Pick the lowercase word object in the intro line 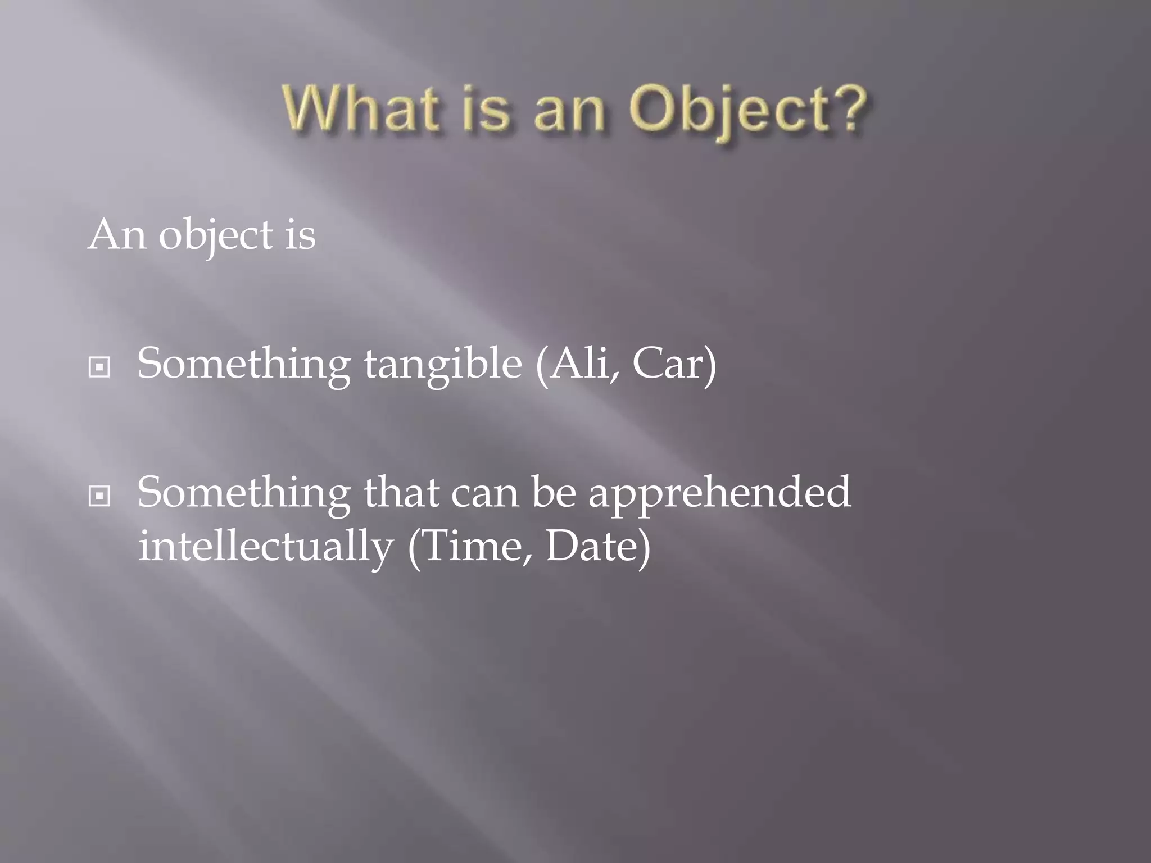(x=216, y=235)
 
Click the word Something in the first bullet (x=244, y=365)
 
